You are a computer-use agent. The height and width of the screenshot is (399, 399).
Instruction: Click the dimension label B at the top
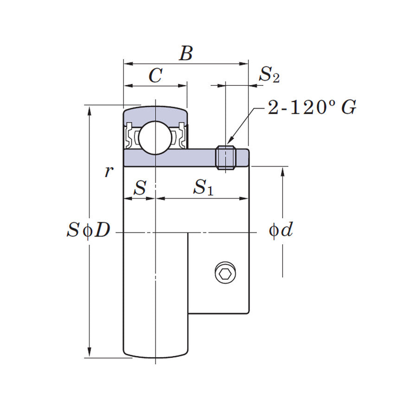(x=186, y=54)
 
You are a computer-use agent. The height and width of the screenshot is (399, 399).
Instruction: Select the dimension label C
(x=155, y=76)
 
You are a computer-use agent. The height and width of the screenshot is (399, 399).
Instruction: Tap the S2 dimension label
(x=269, y=74)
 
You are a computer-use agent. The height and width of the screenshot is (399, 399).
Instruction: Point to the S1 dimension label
(x=203, y=187)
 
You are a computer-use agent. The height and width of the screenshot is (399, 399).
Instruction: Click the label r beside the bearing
(x=109, y=171)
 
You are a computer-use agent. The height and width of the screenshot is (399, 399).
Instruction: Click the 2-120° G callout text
(x=312, y=108)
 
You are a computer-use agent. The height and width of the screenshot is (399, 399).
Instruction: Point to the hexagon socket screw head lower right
(x=225, y=273)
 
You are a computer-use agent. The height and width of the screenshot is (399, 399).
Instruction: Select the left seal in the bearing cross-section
(x=130, y=135)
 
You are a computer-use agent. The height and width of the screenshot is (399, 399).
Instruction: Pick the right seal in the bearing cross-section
(x=181, y=135)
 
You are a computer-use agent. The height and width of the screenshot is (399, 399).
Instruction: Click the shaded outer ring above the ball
(x=155, y=113)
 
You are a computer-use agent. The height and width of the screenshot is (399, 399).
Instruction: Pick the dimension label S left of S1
(x=140, y=187)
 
